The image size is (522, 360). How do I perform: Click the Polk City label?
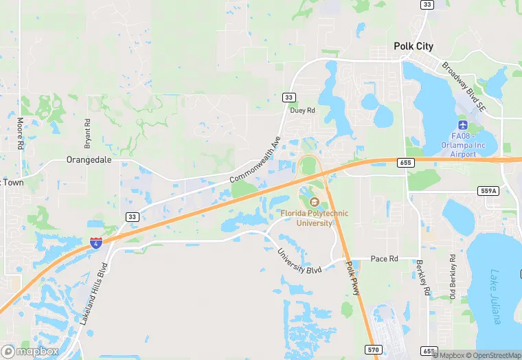click(413, 46)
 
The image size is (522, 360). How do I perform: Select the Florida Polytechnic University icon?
click(315, 202)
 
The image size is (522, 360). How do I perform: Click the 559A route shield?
click(488, 191)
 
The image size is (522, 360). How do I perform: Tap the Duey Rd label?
click(302, 110)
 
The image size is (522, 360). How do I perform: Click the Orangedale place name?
click(89, 159)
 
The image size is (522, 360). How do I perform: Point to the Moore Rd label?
click(21, 133)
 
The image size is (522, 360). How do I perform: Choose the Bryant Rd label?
click(87, 133)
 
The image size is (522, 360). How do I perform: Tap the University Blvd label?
click(300, 260)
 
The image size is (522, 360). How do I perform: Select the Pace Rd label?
click(384, 259)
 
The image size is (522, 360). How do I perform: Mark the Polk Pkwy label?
click(353, 278)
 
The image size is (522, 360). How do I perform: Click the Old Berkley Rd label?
click(453, 277)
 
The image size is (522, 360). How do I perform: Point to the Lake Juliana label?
click(496, 297)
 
